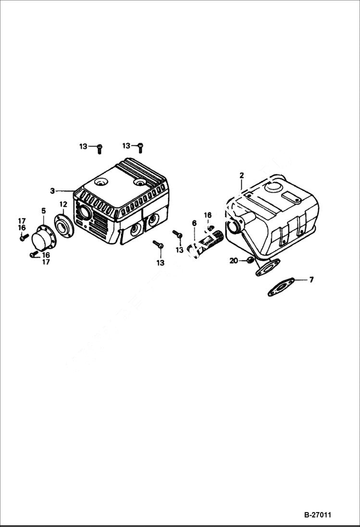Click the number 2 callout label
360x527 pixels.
point(241,176)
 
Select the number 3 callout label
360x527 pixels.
point(52,191)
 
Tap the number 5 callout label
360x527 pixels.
point(43,211)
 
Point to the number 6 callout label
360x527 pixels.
point(194,223)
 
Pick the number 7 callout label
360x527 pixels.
point(311,279)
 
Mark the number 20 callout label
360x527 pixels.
point(234,261)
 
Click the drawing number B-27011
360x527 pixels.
point(317,515)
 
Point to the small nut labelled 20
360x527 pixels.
point(249,260)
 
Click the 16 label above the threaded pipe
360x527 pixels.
point(207,215)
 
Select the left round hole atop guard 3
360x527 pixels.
point(100,183)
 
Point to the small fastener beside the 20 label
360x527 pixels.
point(249,260)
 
